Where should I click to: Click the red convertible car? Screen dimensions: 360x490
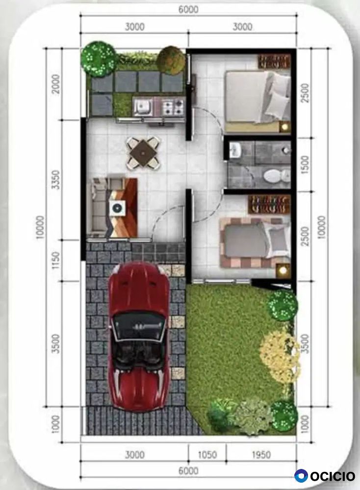coord(139,336)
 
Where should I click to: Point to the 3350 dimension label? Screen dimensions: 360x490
coord(56,179)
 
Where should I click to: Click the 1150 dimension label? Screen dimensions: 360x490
coord(56,260)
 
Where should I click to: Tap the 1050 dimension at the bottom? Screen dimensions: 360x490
coord(207,455)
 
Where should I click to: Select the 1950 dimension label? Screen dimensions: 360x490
coord(261,455)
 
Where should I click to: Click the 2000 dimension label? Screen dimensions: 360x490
coord(56,84)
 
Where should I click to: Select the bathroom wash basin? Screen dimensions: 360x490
coord(235,149)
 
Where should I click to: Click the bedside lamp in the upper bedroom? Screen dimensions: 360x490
coord(284,127)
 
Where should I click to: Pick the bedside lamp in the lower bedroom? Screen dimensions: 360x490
coord(283,270)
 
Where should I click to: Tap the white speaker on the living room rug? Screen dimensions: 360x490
coord(118,208)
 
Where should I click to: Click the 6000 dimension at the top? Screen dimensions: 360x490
coord(188,10)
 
